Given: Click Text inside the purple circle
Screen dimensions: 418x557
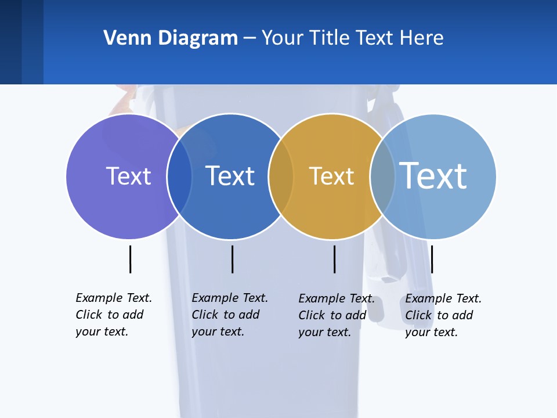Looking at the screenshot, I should tap(128, 176).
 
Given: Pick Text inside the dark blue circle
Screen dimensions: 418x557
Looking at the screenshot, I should tap(230, 176).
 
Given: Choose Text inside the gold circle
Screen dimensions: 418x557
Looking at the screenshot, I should tap(331, 176).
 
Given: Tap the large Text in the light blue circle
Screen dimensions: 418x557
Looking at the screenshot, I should tap(433, 175).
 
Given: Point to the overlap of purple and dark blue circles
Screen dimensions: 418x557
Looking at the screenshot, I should tap(179, 176).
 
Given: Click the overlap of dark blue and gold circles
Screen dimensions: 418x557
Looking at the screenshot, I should tap(281, 176).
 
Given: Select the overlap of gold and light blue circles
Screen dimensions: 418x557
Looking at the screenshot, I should tap(382, 176).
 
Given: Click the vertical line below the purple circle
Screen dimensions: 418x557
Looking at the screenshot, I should tap(130, 259).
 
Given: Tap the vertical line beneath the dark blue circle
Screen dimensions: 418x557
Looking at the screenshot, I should tap(232, 259).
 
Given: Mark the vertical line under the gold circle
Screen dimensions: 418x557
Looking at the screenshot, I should tap(334, 259).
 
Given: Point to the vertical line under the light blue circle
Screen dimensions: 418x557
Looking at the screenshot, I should tap(432, 259).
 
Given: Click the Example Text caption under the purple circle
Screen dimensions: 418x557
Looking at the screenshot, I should tap(114, 315).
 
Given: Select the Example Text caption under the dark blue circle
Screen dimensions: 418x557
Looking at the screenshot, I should tap(230, 315).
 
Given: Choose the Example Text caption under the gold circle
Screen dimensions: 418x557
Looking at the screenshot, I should tap(337, 315).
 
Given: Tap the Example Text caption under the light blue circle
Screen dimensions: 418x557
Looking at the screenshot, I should tap(443, 315).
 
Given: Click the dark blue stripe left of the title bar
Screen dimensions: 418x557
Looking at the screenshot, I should tap(10, 42).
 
